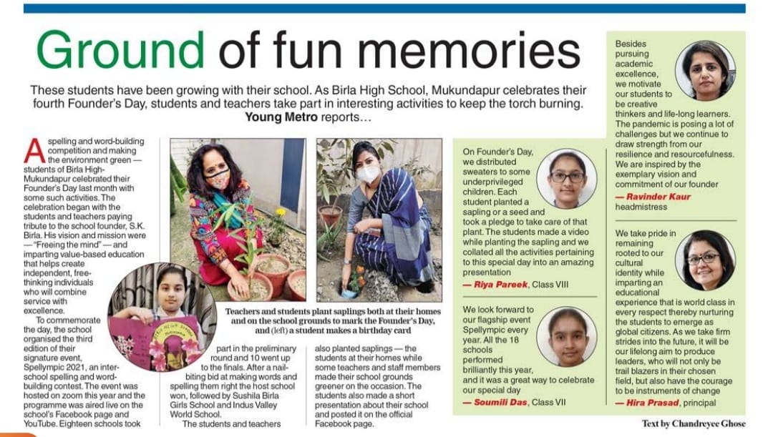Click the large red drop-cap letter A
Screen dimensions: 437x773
[34, 150]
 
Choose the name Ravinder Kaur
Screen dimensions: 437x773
[659, 197]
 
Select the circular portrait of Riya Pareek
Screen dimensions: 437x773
[566, 179]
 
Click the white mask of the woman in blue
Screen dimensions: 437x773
[369, 174]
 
